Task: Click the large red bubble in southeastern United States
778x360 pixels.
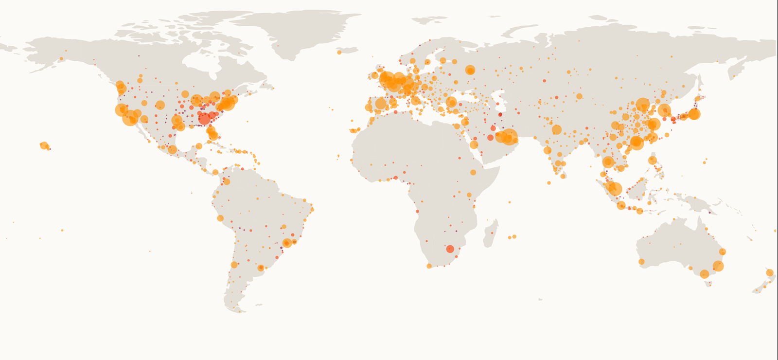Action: tap(205, 118)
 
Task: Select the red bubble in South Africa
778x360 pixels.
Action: tap(450, 249)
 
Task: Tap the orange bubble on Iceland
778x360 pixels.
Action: tap(339, 52)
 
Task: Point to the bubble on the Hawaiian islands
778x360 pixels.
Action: tap(44, 145)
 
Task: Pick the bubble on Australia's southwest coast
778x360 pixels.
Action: tap(641, 262)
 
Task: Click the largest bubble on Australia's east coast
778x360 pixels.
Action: tap(718, 266)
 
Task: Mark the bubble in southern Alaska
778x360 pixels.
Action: tap(61, 59)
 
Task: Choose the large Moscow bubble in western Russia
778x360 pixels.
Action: tap(470, 70)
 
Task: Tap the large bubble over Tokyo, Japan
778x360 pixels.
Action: tap(694, 114)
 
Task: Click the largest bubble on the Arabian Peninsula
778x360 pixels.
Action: tap(509, 137)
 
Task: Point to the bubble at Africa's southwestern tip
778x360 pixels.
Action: tap(429, 266)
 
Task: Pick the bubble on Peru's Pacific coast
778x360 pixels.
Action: tap(220, 218)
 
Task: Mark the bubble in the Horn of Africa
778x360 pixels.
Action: tap(473, 172)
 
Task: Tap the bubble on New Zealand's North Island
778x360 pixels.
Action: tap(770, 272)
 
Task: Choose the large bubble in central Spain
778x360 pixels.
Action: tap(381, 104)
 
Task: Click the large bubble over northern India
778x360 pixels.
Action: tap(557, 129)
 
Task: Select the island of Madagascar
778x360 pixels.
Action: tap(491, 234)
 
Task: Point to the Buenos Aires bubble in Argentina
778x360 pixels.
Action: tap(261, 268)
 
